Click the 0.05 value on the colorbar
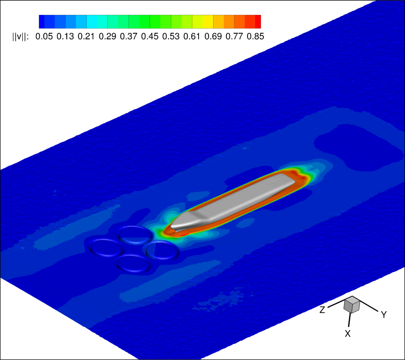coord(44,37)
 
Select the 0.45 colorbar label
coord(150,37)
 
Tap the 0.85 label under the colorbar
coord(255,37)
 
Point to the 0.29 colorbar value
coord(108,37)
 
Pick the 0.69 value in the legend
coord(213,37)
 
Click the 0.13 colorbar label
coord(65,37)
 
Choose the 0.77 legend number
coord(234,37)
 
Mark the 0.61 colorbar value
coord(192,37)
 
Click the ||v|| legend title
coord(21,37)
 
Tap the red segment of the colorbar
coord(258,22)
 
